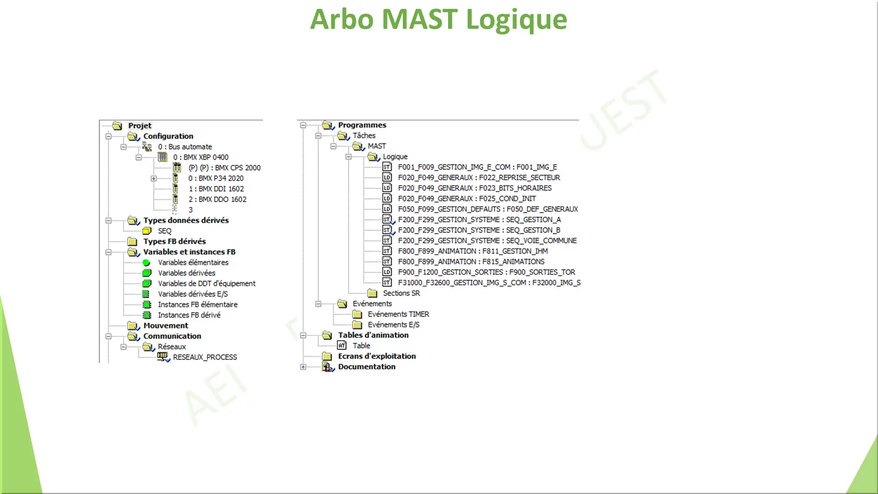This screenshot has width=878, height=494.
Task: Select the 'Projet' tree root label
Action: [x=140, y=126]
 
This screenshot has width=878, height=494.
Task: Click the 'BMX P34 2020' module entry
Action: [x=216, y=178]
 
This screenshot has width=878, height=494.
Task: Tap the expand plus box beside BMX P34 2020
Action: [x=154, y=178]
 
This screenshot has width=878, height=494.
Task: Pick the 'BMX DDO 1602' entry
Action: [x=217, y=199]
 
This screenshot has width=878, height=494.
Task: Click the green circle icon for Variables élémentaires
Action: [x=146, y=263]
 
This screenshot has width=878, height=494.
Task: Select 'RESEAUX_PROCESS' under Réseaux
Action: [x=205, y=357]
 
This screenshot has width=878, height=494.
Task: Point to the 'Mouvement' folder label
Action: [x=165, y=326]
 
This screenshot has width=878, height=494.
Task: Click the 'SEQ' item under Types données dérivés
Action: [x=164, y=231]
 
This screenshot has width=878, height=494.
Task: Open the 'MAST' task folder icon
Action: [x=359, y=146]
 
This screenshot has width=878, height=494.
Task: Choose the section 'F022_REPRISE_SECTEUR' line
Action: [x=479, y=178]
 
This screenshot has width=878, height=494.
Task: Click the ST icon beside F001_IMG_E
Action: [x=387, y=167]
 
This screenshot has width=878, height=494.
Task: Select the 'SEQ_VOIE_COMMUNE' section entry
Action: [x=488, y=241]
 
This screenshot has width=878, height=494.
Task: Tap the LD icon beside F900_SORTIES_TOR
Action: [x=387, y=272]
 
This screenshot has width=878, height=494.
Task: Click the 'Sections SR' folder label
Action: [x=401, y=293]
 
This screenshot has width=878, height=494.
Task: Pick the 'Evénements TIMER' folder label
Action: [x=398, y=314]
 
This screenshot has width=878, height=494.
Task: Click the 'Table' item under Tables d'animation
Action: [x=361, y=346]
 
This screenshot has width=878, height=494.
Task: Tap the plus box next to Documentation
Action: [x=303, y=367]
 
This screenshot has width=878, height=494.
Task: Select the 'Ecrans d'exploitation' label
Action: [x=377, y=356]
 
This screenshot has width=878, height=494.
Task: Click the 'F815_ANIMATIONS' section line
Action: [x=471, y=262]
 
